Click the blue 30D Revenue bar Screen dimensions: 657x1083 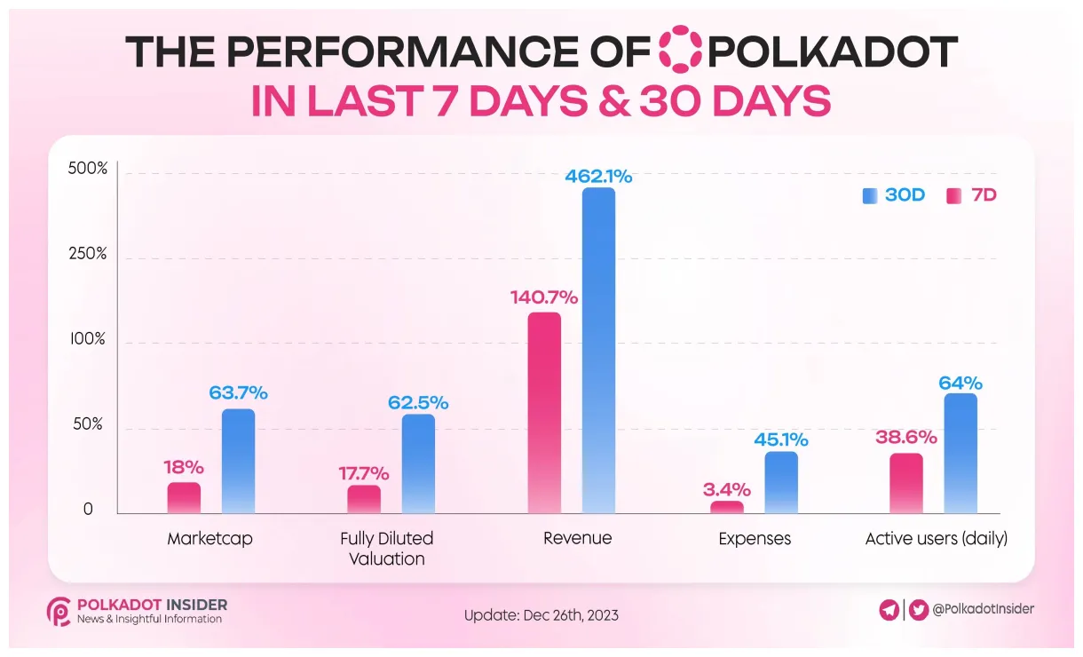[x=598, y=350]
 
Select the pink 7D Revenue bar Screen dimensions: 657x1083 [x=544, y=412]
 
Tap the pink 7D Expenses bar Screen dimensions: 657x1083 [x=727, y=507]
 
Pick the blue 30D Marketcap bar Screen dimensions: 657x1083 [x=238, y=461]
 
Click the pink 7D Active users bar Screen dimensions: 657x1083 [x=906, y=483]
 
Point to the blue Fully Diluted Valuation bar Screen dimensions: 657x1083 [x=418, y=463]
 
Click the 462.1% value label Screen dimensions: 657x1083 [x=598, y=177]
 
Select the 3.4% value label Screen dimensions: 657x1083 [x=728, y=489]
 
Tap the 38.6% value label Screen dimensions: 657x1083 [x=905, y=437]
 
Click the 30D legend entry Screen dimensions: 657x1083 [x=893, y=195]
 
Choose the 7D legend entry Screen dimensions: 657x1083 [x=972, y=195]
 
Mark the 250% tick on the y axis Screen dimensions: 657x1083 [x=89, y=254]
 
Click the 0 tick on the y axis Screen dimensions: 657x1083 [x=88, y=510]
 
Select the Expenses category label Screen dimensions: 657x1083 [x=755, y=539]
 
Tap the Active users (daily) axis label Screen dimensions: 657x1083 [x=936, y=539]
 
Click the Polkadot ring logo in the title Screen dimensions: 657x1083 [x=681, y=51]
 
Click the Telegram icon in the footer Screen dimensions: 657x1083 [x=889, y=609]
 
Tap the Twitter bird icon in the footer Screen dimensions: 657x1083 [x=917, y=609]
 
